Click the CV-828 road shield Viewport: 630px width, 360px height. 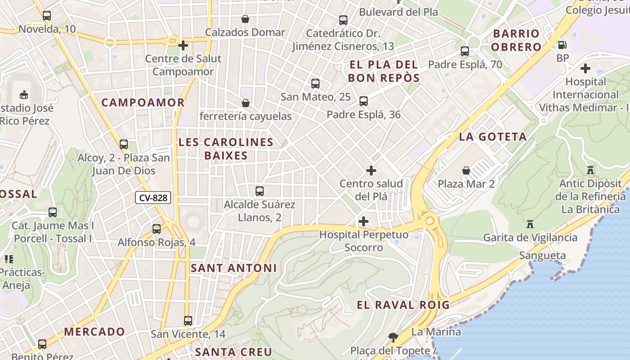point(153,198)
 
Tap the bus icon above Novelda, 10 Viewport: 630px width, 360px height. point(47,16)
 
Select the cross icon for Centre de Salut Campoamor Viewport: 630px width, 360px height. point(183,45)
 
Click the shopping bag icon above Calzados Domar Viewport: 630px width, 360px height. point(245,19)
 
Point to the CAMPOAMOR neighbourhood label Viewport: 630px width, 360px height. point(143,103)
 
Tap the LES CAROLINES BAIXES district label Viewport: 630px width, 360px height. point(226,149)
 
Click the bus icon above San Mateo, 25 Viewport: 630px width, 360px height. point(315,83)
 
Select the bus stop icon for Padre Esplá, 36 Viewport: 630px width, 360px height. point(364,101)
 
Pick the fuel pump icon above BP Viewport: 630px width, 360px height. point(562,45)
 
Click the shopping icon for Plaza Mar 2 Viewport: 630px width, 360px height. point(466,171)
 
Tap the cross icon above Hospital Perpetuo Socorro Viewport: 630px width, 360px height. point(364,221)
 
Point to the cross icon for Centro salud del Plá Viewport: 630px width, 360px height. point(371,171)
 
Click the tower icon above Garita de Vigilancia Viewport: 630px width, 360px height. point(530,224)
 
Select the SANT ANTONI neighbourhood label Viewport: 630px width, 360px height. point(234,268)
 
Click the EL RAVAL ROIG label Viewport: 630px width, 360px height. point(403,305)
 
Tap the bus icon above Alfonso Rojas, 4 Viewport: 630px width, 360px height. point(157,229)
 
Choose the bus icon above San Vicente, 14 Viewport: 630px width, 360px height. point(188,321)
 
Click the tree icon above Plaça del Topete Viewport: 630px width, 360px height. point(393,337)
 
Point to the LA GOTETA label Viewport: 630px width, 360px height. point(493,137)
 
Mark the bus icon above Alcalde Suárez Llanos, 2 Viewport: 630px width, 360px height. point(260,191)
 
